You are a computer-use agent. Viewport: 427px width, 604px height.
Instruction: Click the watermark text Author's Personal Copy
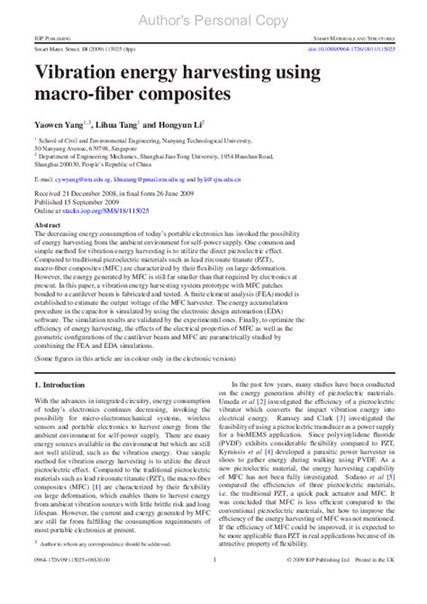pos(213,15)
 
